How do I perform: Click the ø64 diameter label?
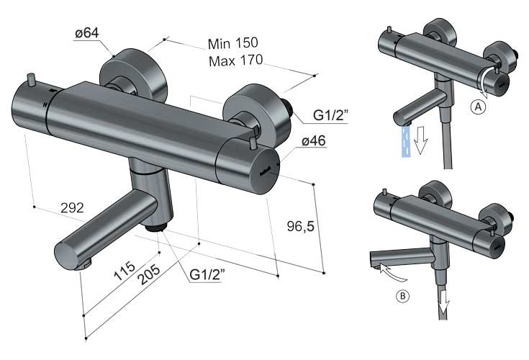[87, 33]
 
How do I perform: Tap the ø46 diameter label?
[314, 140]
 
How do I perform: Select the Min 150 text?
[232, 43]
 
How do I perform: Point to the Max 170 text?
[235, 60]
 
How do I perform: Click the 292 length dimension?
[72, 208]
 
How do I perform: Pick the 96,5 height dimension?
[301, 225]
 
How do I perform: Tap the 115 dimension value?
[124, 271]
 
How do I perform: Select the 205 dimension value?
[150, 274]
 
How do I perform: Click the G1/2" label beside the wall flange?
[330, 115]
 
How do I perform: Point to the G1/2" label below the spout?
[207, 274]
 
